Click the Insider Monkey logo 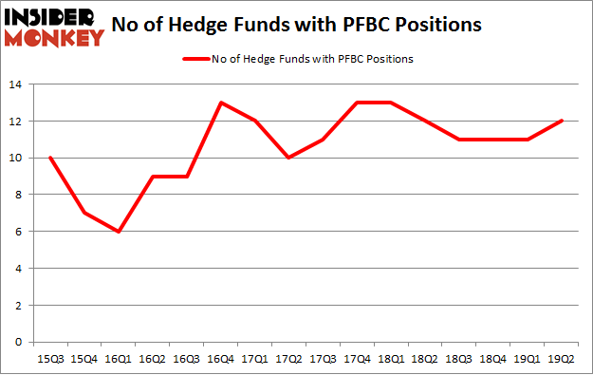point(54,26)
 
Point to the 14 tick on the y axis point(18,85)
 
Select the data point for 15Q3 point(49,158)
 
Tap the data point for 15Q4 point(83,213)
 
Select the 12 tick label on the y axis point(18,122)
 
